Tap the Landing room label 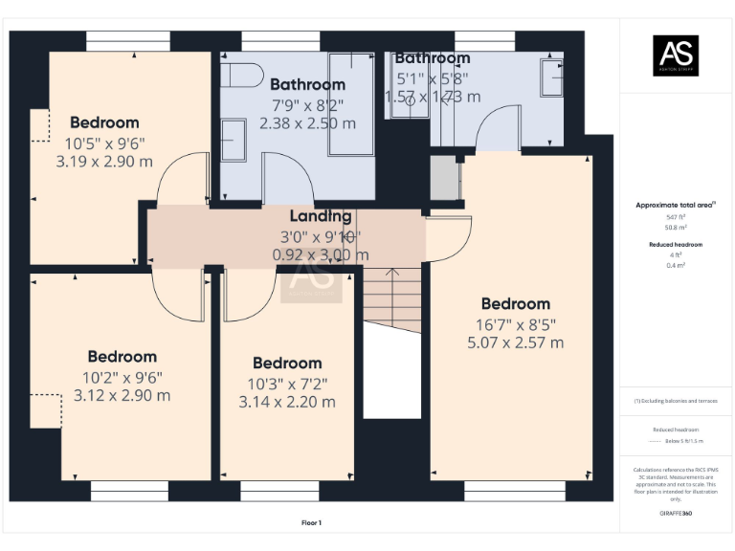pos(321,217)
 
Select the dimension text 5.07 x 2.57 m pos(516,342)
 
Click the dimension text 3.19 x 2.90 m pos(104,161)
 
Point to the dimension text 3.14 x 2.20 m pos(287,401)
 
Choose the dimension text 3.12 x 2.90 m pos(122,395)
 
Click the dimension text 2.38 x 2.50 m pos(307,122)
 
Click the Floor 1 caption pos(311,522)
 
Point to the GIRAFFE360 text pos(676,515)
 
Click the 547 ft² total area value pos(676,217)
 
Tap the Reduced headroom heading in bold pos(676,245)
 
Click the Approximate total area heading pos(676,205)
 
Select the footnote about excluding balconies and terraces pos(676,401)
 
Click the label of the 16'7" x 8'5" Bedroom pos(516,304)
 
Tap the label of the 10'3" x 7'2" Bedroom pos(287,363)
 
